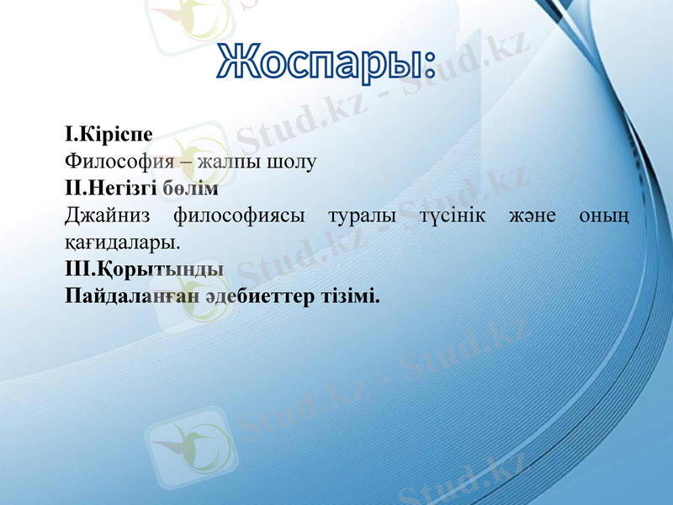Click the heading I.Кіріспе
coord(109,135)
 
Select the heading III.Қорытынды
coord(144,271)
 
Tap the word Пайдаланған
coord(136,298)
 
